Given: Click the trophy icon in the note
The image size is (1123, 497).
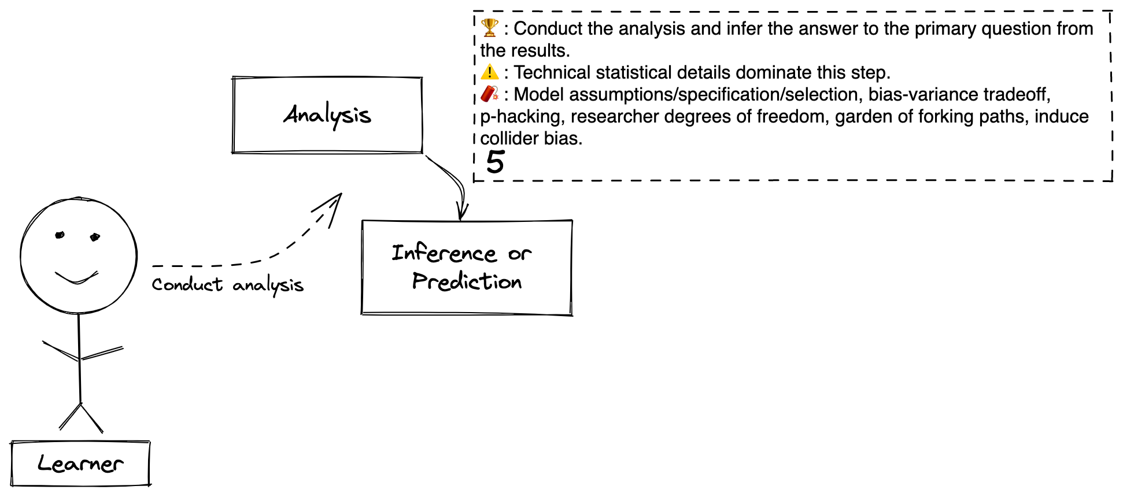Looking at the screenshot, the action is (x=490, y=27).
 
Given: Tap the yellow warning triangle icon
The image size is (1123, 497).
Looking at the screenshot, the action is (x=490, y=72).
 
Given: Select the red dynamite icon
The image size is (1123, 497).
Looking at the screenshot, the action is (x=490, y=94).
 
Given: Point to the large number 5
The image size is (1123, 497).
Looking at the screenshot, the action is (x=496, y=162).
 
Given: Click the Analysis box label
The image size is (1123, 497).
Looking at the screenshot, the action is (x=327, y=115).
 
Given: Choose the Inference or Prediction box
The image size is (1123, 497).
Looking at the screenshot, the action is (x=467, y=268).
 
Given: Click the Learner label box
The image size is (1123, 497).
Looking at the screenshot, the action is (x=80, y=463).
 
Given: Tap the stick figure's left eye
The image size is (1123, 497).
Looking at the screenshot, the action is (x=60, y=235).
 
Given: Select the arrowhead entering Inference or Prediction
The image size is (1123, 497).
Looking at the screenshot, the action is (x=461, y=212).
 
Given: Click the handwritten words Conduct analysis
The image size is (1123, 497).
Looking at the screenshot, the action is (x=228, y=285).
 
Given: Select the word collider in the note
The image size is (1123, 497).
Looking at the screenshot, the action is (x=502, y=138).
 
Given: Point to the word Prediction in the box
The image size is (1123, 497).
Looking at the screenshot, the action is (x=467, y=281).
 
